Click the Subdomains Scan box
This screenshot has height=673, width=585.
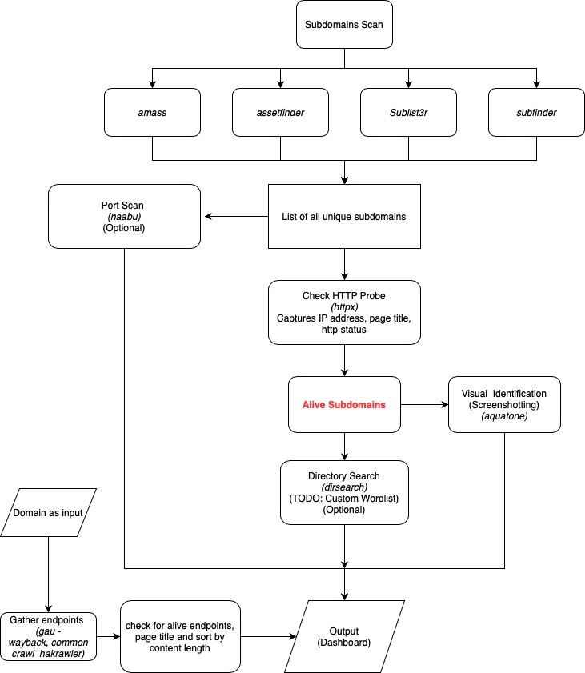[x=344, y=25]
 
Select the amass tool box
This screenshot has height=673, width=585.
[x=152, y=113]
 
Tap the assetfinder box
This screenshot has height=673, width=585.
[x=280, y=113]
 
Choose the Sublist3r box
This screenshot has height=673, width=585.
[x=408, y=113]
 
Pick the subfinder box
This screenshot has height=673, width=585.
[x=536, y=113]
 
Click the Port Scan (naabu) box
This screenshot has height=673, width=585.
[x=125, y=216]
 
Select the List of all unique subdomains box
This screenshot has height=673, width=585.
[x=344, y=216]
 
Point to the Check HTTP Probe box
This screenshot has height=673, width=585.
[x=344, y=312]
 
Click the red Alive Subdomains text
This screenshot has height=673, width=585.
[x=344, y=405]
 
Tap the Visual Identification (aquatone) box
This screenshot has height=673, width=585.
[x=504, y=404]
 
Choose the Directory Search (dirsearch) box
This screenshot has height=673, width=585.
[x=344, y=492]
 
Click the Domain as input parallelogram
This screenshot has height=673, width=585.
[x=48, y=512]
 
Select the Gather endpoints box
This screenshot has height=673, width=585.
[x=48, y=636]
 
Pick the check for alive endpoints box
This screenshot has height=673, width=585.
[x=180, y=636]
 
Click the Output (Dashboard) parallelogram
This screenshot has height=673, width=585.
[x=344, y=636]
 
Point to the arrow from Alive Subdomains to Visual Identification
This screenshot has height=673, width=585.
[x=424, y=404]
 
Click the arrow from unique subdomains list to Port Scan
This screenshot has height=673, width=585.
[x=237, y=216]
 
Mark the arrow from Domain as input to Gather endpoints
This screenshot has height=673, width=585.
[x=48, y=575]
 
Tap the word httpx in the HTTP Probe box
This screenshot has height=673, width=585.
[x=344, y=306]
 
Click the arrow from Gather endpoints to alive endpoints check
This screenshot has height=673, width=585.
[x=109, y=636]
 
